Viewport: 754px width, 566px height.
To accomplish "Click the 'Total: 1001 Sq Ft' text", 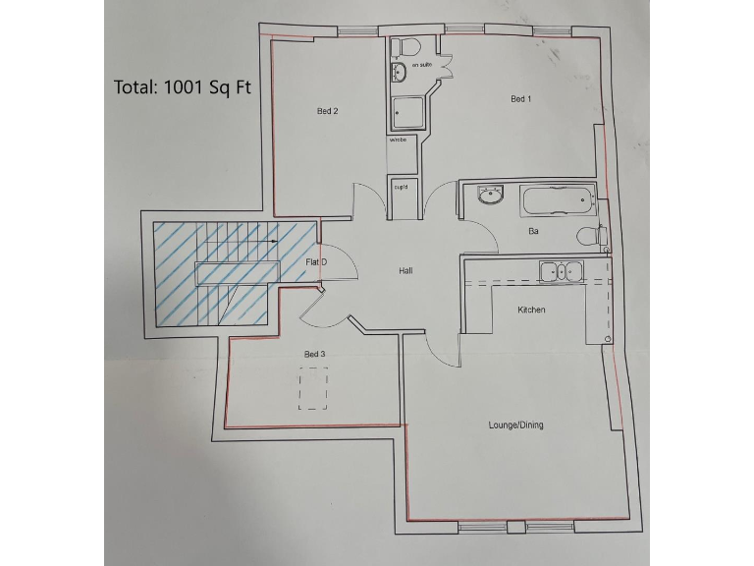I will click(x=183, y=86).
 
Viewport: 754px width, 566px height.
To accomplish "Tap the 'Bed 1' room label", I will click(x=520, y=99).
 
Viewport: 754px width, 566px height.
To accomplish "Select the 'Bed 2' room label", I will click(x=327, y=111).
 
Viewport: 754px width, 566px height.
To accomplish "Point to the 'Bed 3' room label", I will click(x=313, y=354).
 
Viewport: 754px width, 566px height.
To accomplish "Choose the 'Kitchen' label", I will click(x=531, y=310).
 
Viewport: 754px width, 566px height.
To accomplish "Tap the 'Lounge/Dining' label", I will click(x=515, y=425).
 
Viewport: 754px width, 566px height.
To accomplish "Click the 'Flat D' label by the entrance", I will click(x=316, y=262).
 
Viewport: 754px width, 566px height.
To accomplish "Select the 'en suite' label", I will click(x=422, y=65).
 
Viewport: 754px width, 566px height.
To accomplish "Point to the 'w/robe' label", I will click(x=398, y=141).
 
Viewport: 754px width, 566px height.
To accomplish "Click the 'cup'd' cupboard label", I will click(x=401, y=187).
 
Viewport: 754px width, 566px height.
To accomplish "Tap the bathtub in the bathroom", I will click(x=558, y=203).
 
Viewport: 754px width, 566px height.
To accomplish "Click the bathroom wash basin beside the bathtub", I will click(x=490, y=198).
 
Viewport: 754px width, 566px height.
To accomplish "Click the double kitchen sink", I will click(x=560, y=270).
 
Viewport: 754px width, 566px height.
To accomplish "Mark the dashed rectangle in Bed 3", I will click(x=313, y=388).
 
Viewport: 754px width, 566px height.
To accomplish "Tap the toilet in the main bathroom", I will click(x=591, y=235).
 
